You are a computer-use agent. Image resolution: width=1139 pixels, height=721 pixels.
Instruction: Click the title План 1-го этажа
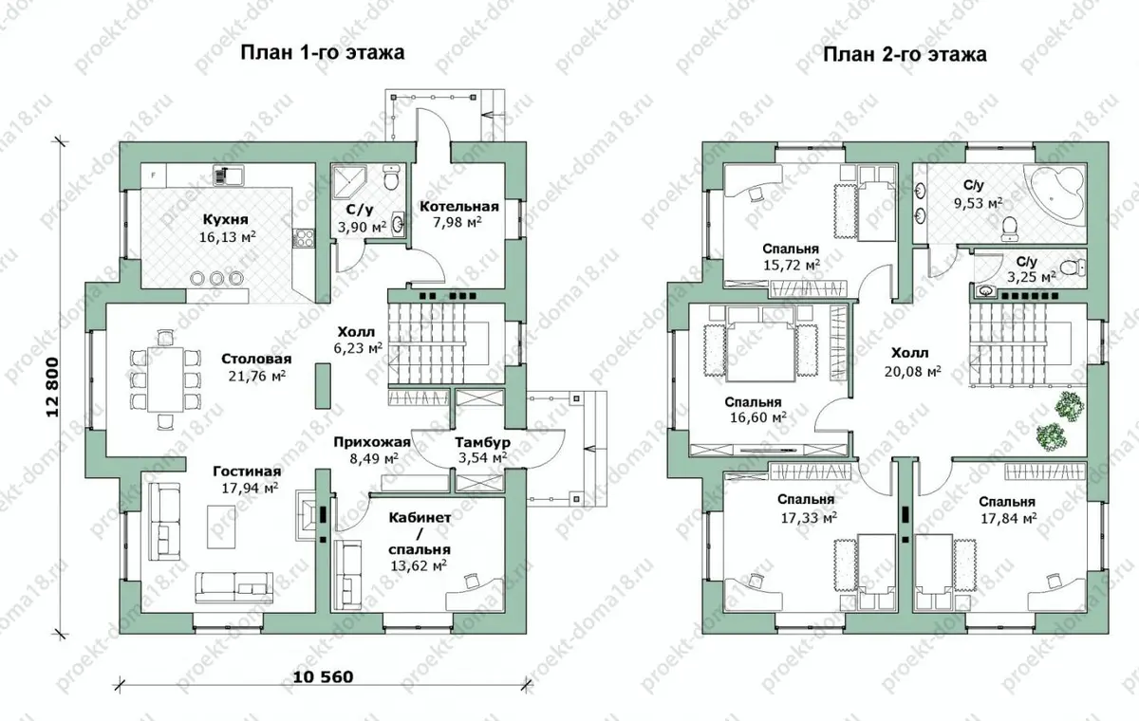(x=323, y=52)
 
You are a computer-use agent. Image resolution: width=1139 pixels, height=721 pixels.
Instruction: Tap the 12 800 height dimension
(x=52, y=387)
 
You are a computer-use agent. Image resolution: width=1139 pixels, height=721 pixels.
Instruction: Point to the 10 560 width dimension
(x=323, y=676)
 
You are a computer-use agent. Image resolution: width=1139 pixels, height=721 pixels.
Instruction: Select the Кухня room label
(x=226, y=219)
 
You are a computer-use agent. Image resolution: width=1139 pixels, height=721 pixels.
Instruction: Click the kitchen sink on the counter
(x=229, y=176)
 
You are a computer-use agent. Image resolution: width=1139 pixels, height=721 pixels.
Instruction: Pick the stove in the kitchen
(x=304, y=238)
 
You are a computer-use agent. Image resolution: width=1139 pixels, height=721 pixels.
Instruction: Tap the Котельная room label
(x=458, y=207)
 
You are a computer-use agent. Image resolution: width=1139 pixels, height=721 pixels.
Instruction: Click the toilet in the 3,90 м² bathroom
(x=392, y=177)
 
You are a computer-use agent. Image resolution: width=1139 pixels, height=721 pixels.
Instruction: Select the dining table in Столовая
(x=165, y=379)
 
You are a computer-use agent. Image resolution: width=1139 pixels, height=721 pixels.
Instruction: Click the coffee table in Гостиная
(x=221, y=527)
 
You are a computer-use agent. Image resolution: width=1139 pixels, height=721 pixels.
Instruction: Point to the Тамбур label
(x=482, y=442)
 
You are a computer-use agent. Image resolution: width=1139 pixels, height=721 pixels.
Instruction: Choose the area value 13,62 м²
(x=419, y=565)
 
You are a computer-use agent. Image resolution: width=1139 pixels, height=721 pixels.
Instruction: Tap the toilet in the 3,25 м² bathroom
(x=1074, y=268)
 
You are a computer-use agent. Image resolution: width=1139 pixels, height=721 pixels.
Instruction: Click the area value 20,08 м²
(x=913, y=372)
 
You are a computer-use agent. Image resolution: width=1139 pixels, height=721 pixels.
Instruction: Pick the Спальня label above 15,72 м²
(x=791, y=249)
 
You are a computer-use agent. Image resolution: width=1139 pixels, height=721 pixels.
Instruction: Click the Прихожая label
(x=372, y=442)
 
